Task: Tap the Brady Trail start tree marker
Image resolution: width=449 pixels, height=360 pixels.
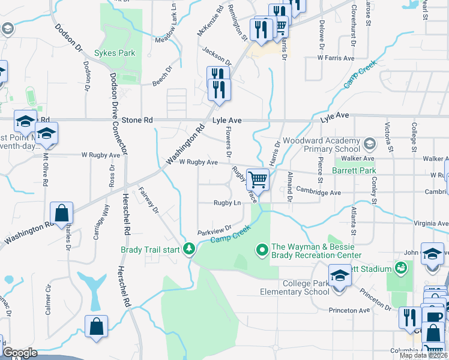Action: point(190,248)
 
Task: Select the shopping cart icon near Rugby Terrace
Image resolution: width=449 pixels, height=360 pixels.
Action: point(258,179)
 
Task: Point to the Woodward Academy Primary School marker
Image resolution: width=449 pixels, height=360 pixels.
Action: point(370,144)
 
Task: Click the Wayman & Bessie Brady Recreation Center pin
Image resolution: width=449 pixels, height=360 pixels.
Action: point(262,248)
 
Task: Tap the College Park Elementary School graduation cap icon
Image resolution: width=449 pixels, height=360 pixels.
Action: point(340,277)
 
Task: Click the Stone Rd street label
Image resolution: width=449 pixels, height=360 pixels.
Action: point(137,120)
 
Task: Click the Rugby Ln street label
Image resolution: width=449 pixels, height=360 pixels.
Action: point(228,203)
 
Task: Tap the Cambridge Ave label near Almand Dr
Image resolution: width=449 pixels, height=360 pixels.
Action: point(318,193)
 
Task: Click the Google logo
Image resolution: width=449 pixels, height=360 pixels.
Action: point(20,353)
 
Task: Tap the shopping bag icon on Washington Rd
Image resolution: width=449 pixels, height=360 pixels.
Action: point(62,212)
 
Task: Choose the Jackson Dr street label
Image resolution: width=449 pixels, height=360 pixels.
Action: point(217,58)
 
